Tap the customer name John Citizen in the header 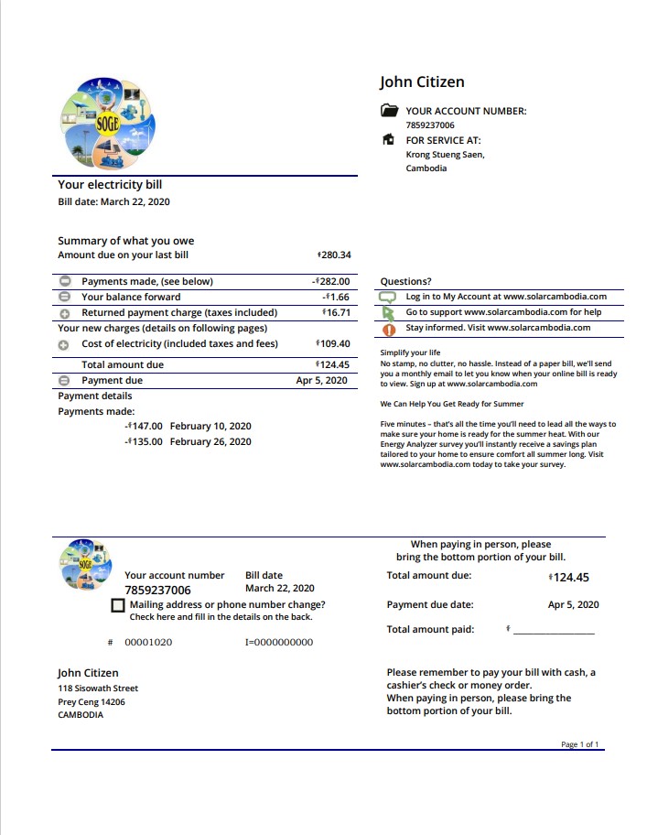pyautogui.click(x=422, y=82)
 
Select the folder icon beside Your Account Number pyautogui.click(x=389, y=111)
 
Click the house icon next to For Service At pyautogui.click(x=389, y=140)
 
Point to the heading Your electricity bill pyautogui.click(x=110, y=185)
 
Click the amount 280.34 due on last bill pyautogui.click(x=334, y=255)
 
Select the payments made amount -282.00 pyautogui.click(x=330, y=282)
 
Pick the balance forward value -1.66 pyautogui.click(x=336, y=298)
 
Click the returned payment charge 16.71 pyautogui.click(x=336, y=313)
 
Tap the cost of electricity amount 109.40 pyautogui.click(x=334, y=344)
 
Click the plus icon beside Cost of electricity pyautogui.click(x=64, y=345)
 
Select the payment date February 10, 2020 pyautogui.click(x=210, y=427)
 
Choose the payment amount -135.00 pyautogui.click(x=144, y=442)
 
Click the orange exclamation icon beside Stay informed pyautogui.click(x=388, y=329)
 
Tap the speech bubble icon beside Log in pyautogui.click(x=387, y=298)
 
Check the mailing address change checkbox pyautogui.click(x=118, y=606)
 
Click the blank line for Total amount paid pyautogui.click(x=553, y=632)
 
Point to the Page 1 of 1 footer pyautogui.click(x=580, y=744)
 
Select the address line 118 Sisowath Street pyautogui.click(x=98, y=689)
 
